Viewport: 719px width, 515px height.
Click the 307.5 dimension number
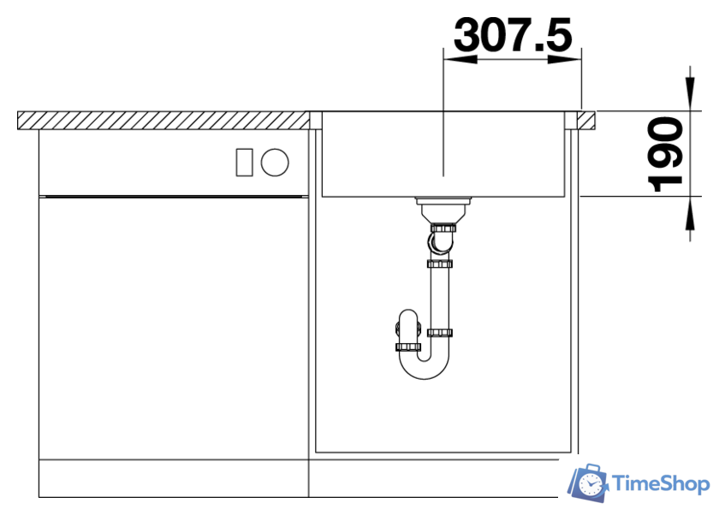tap(513, 34)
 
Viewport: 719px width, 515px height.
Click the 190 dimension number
tap(665, 154)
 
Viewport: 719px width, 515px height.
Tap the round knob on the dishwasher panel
tap(275, 163)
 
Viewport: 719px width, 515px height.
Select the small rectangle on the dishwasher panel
tap(245, 163)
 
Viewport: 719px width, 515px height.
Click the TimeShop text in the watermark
tap(661, 484)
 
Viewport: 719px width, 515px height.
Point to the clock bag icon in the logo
tap(588, 482)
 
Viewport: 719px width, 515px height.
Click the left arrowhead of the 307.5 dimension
tap(461, 59)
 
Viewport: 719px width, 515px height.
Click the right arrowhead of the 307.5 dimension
tap(564, 59)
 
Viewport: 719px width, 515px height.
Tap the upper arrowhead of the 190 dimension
tap(690, 94)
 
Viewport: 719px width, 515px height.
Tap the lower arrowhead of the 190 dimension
tap(690, 213)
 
